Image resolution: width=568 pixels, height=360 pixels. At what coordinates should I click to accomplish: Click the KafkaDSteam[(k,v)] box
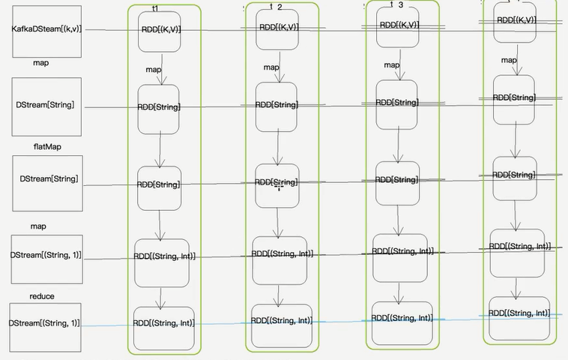pos(46,29)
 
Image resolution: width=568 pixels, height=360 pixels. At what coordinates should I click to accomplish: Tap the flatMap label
pos(46,147)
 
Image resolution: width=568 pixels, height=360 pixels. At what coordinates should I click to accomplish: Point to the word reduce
pos(42,296)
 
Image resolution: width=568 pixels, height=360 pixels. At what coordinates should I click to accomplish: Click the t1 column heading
pos(155,7)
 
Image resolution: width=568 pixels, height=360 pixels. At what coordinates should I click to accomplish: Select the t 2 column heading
pos(276,7)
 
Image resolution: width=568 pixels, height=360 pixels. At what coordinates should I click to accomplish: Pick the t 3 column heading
pos(396,4)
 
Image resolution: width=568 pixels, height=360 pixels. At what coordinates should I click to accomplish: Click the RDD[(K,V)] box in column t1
pos(160,31)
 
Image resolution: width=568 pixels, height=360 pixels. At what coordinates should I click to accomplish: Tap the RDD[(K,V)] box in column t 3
pos(399,25)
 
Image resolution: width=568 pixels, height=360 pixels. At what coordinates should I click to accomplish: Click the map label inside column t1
pos(154,70)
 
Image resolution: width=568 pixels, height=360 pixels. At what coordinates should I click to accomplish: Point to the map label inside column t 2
pos(271,67)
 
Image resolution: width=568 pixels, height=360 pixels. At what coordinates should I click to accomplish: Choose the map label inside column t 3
pos(392,65)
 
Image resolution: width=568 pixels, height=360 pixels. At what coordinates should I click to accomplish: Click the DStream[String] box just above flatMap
pos(46,106)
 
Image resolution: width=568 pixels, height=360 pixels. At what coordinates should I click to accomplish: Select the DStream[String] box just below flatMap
pos(48,180)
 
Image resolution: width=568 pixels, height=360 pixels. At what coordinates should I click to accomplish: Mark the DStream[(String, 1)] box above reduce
pos(45,256)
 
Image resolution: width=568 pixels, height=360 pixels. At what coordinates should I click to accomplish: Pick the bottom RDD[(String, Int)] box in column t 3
pos(402,319)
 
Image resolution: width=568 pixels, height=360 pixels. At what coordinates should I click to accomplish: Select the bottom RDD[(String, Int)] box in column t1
pos(163,323)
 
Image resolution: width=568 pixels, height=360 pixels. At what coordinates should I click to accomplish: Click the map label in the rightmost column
pos(509,60)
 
